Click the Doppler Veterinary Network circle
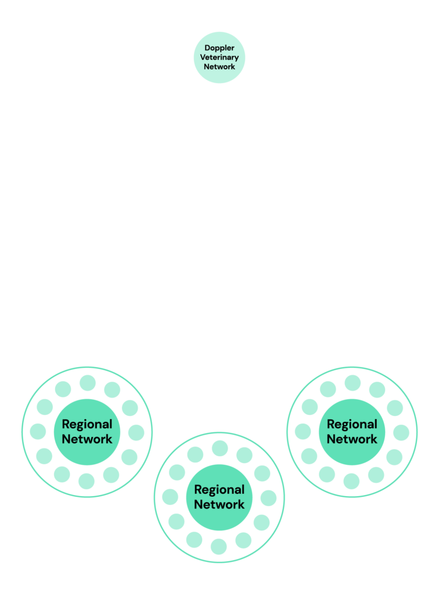coord(219,58)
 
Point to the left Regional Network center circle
coord(87,432)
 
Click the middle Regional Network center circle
coord(219,497)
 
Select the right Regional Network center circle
coord(352,432)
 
